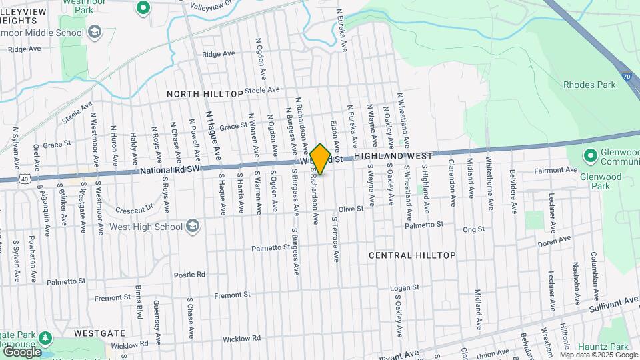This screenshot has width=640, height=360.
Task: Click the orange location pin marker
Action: coord(320,159)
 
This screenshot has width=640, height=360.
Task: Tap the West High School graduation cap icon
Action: coord(193,226)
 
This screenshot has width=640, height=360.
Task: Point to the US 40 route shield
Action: coord(24,179)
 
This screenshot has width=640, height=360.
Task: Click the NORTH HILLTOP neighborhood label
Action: coord(205,94)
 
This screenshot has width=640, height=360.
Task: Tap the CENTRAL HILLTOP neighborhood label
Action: coord(412,255)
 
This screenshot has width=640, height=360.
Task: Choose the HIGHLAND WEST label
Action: coord(393,155)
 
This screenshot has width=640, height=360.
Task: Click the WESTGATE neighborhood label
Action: coord(100,332)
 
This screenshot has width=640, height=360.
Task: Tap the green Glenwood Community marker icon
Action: coord(589,156)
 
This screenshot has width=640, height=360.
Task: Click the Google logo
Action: coord(22,351)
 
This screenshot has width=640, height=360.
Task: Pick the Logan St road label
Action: coord(405,288)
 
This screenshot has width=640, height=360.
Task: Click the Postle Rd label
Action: coord(189,275)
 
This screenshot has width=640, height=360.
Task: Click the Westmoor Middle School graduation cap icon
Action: coord(94,31)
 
